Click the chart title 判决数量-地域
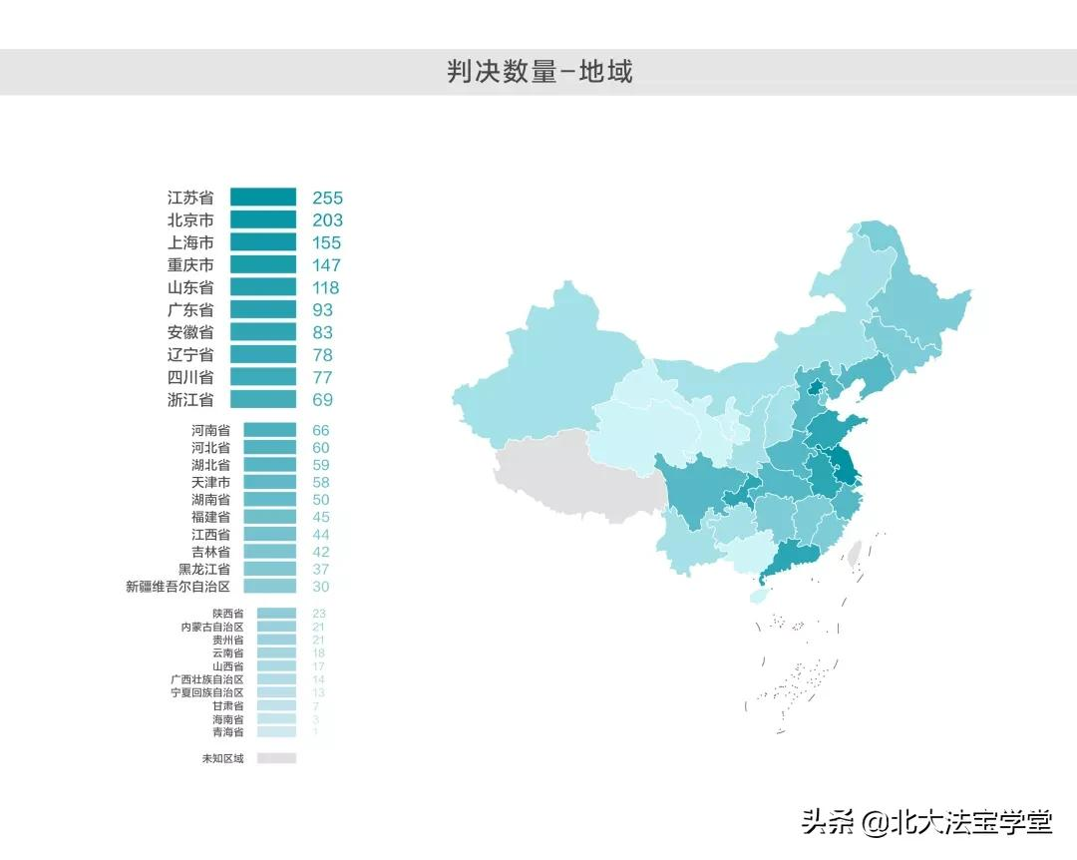539,72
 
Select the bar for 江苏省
263,198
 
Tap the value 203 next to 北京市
327,220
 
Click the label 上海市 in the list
190,242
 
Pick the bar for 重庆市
263,265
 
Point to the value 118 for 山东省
326,287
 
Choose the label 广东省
190,310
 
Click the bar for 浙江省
263,400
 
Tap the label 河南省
210,431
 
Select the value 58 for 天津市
320,483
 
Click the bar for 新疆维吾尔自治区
269,587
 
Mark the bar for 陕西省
276,614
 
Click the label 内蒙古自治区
211,627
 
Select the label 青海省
227,731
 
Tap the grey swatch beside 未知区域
276,758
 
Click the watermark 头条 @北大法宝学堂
927,822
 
